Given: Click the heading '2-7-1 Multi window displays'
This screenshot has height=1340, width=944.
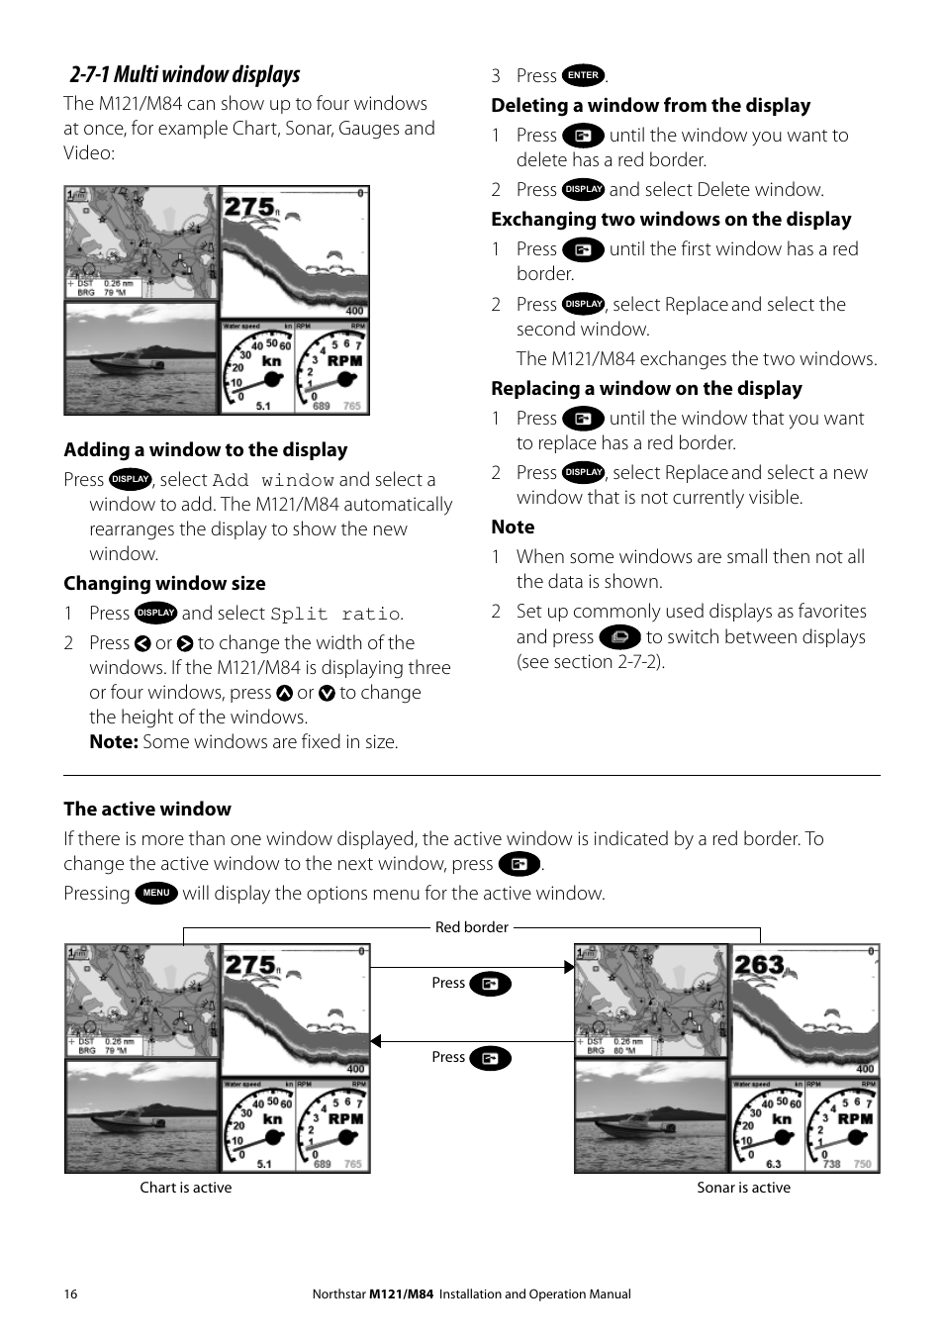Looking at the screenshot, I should [x=184, y=75].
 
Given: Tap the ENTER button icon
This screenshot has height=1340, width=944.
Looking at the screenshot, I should [x=583, y=75].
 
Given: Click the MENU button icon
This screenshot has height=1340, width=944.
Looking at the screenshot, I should [x=156, y=893].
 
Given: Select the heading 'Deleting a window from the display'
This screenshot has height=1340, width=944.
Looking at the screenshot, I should [x=650, y=106].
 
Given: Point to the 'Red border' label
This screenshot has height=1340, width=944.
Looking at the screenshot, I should [x=471, y=927].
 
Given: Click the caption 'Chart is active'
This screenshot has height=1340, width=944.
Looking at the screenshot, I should [x=186, y=1188].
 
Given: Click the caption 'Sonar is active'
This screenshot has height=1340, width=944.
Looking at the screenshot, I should [x=743, y=1188].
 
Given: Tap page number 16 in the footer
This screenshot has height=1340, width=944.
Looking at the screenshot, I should [x=70, y=1293].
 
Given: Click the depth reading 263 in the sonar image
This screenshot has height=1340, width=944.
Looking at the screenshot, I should [x=759, y=965].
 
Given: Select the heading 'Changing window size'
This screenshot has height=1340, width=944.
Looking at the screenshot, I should [x=164, y=584].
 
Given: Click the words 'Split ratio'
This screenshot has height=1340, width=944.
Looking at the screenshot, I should [x=335, y=614].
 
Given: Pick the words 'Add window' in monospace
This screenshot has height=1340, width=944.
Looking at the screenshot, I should [x=273, y=480].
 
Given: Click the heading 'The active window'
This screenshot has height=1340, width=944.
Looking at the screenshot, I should [x=147, y=810].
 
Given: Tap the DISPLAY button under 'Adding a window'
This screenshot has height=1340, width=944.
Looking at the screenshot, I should [x=130, y=479].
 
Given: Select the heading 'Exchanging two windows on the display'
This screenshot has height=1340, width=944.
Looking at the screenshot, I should [x=671, y=220].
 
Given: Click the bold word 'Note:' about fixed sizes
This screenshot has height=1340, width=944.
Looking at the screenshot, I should [x=113, y=742].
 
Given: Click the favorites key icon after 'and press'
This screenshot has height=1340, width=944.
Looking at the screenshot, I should [x=619, y=637].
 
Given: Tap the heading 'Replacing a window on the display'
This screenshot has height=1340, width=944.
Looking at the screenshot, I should [x=646, y=389].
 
